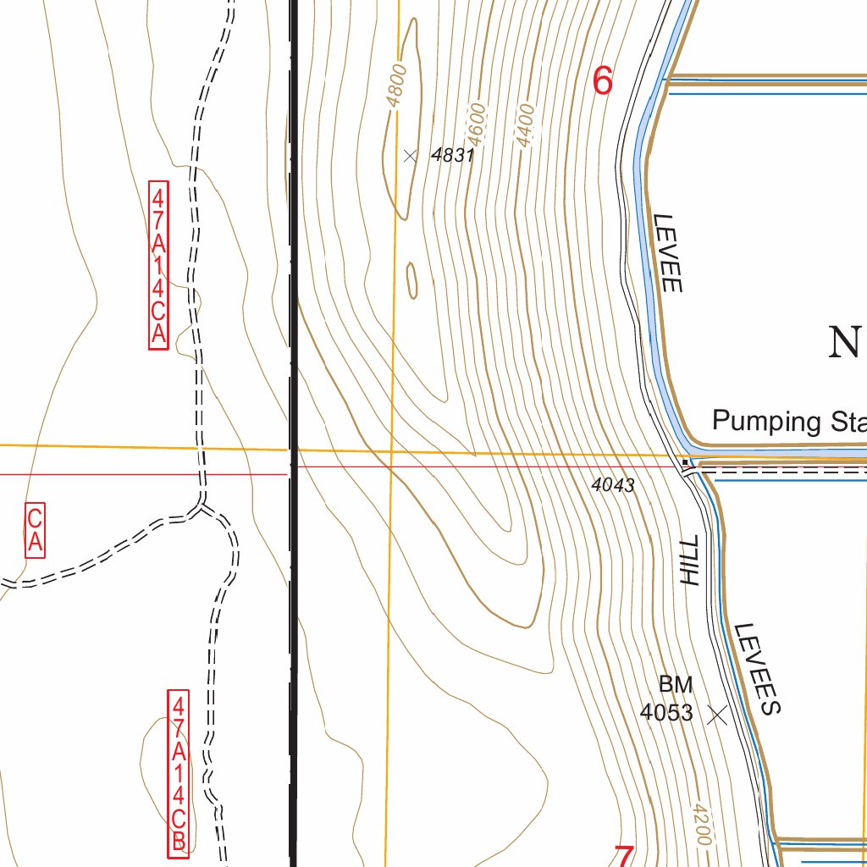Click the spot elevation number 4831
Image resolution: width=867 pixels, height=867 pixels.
click(x=452, y=156)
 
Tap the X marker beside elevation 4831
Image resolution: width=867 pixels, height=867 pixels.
click(x=411, y=155)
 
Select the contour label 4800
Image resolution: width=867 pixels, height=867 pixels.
click(x=396, y=86)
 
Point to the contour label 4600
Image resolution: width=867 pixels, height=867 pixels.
click(x=478, y=124)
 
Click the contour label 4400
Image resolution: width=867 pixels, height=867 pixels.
click(x=526, y=125)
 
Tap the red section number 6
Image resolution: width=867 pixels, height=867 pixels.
click(x=602, y=81)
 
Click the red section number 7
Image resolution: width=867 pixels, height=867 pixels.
click(x=623, y=855)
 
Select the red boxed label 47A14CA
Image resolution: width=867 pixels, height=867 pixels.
click(x=158, y=264)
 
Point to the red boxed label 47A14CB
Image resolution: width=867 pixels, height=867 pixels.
click(x=179, y=773)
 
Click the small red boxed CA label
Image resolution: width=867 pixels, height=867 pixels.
click(x=35, y=531)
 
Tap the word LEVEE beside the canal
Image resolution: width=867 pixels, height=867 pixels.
click(x=667, y=252)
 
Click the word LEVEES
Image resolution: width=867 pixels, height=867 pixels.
click(x=756, y=669)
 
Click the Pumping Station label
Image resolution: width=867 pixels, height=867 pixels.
click(x=788, y=421)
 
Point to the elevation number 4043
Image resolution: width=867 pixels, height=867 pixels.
click(x=613, y=484)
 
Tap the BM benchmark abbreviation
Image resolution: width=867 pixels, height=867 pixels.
click(x=676, y=684)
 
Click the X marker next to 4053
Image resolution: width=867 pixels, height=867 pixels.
click(x=717, y=715)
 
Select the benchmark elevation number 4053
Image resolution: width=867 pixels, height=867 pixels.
click(x=666, y=713)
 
